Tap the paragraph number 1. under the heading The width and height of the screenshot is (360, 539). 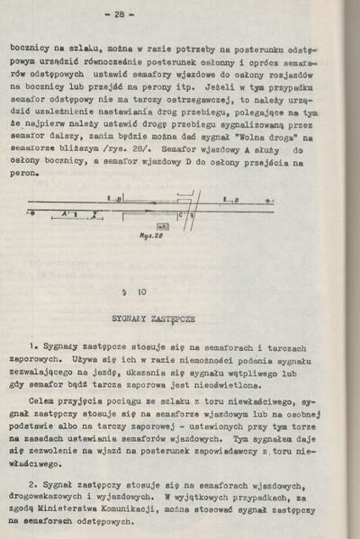point(32,346)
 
